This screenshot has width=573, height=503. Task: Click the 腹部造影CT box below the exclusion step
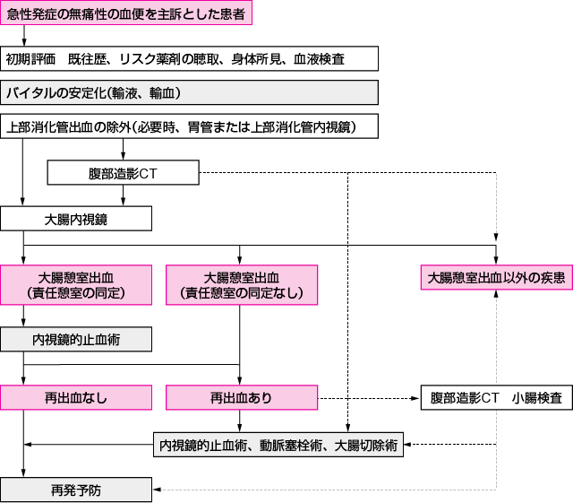(124, 172)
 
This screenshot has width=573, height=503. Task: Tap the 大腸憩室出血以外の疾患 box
(496, 278)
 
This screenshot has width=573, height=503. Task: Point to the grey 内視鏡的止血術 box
(76, 339)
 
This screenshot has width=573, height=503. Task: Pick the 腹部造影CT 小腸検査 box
(496, 397)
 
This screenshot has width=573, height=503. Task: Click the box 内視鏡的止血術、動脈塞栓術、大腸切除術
(278, 444)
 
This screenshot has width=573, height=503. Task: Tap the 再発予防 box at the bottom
(76, 490)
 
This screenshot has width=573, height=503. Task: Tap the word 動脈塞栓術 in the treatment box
(291, 444)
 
